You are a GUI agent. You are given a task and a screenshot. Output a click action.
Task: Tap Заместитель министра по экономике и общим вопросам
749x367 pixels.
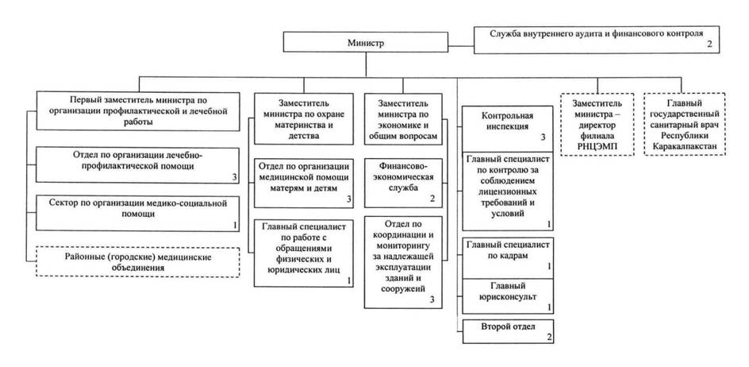coord(404,120)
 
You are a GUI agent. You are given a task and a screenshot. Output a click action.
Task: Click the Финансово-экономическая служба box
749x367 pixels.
coord(404,181)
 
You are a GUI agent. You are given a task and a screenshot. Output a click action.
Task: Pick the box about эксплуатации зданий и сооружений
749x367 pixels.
coord(404,261)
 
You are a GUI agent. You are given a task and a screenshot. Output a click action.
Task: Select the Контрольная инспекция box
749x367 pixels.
coord(507,124)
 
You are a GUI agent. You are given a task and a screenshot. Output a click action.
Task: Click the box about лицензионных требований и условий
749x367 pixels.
coord(507,191)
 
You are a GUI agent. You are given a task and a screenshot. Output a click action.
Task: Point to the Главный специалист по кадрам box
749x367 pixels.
coord(507,254)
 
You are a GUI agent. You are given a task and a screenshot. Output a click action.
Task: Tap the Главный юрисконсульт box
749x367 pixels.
coord(507,292)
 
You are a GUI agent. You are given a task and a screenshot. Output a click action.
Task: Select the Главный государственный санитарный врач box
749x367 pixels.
coord(688,125)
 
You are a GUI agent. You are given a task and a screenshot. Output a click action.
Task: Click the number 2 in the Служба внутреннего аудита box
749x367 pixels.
coord(709,46)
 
